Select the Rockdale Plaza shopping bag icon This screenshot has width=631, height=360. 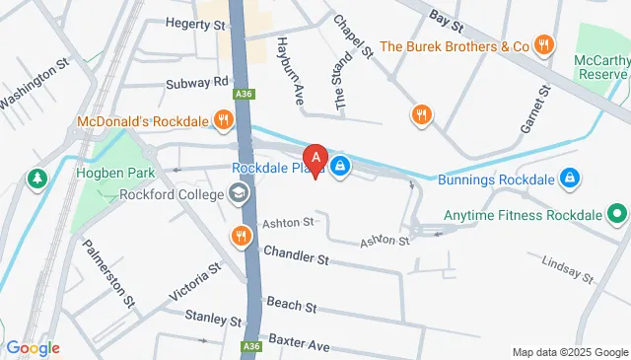340,166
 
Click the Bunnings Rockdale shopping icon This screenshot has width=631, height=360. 568,178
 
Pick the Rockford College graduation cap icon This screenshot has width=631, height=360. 239,193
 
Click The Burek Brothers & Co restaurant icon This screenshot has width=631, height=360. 543,45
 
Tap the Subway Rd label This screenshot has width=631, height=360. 198,82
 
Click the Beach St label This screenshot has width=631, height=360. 290,307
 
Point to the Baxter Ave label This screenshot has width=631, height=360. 299,347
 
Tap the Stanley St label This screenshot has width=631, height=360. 213,319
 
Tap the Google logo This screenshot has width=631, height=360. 33,348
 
